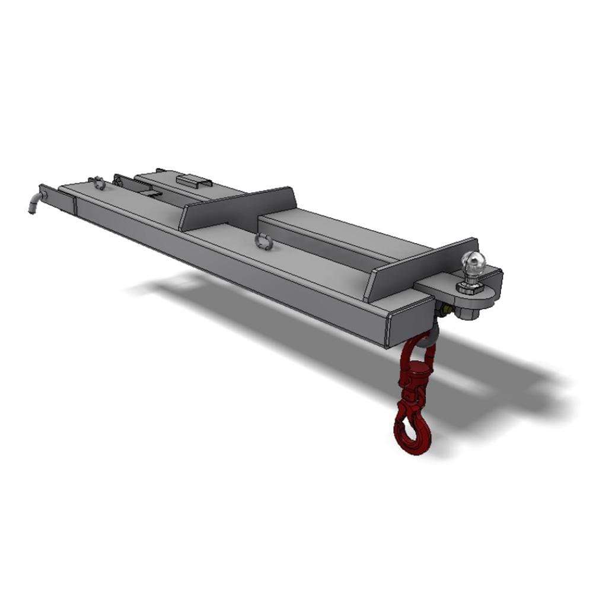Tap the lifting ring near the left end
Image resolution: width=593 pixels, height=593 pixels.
98,183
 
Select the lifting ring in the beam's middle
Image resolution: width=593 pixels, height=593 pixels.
264,241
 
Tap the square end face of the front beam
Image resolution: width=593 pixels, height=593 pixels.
410,323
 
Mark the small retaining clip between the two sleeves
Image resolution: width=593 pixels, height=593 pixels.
151,192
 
